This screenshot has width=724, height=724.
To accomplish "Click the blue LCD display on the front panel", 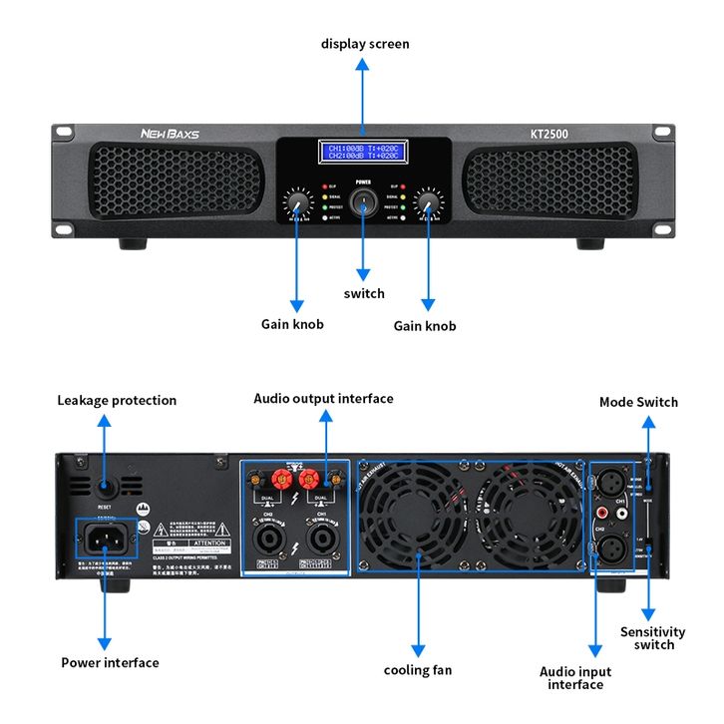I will [x=363, y=153].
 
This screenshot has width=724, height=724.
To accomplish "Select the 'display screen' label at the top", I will [x=365, y=44].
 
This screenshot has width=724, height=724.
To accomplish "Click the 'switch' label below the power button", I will [x=364, y=293].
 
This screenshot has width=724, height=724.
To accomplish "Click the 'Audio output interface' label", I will [x=323, y=398].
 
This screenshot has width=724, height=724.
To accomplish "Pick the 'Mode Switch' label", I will [x=638, y=402].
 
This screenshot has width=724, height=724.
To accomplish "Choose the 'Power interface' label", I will [x=110, y=662].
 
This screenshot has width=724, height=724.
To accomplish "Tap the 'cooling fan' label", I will [x=418, y=670].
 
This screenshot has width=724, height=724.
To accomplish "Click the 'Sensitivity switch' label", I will [x=653, y=638].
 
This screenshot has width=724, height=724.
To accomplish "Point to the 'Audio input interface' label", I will [x=575, y=678].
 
